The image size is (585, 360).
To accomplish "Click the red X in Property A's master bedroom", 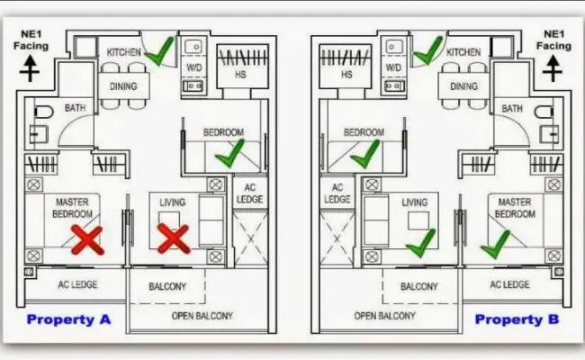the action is tap(87, 240).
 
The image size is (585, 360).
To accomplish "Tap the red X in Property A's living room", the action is tap(174, 238).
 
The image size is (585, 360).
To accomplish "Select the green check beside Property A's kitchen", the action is tap(159, 51).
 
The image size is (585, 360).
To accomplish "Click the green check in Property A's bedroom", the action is tap(229, 153).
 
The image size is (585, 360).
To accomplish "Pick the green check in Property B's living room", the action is tap(421, 243).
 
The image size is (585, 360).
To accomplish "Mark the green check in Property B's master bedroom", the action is tap(496, 245).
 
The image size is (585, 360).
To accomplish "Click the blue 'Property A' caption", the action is tap(68, 319).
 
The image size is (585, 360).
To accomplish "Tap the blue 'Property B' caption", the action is tap(517, 319).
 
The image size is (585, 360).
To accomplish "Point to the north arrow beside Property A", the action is tap(30, 68).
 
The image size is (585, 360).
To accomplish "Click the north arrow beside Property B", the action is tap(553, 68).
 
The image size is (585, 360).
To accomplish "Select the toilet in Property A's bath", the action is tap(44, 112).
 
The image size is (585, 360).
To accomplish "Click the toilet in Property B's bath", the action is tap(544, 112).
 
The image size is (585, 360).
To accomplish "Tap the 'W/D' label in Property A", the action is tap(194, 67).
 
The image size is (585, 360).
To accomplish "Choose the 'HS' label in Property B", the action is tap(346, 75).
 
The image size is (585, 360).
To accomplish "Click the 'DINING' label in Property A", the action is tap(123, 86).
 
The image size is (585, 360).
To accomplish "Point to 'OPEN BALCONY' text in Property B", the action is tap(384, 316).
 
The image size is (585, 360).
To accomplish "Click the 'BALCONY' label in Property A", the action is tap(167, 286).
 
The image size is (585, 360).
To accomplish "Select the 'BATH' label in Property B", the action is tap(512, 109).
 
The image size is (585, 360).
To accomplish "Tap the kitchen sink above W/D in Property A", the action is tap(193, 47).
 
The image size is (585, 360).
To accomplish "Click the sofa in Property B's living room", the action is tap(376, 221).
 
